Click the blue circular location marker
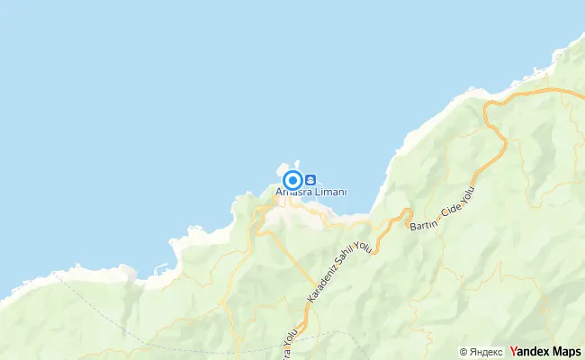[292, 179]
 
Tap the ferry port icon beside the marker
[310, 178]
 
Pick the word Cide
[454, 211]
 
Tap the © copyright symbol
[463, 352]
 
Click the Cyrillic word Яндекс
[486, 352]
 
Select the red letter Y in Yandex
[514, 351]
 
